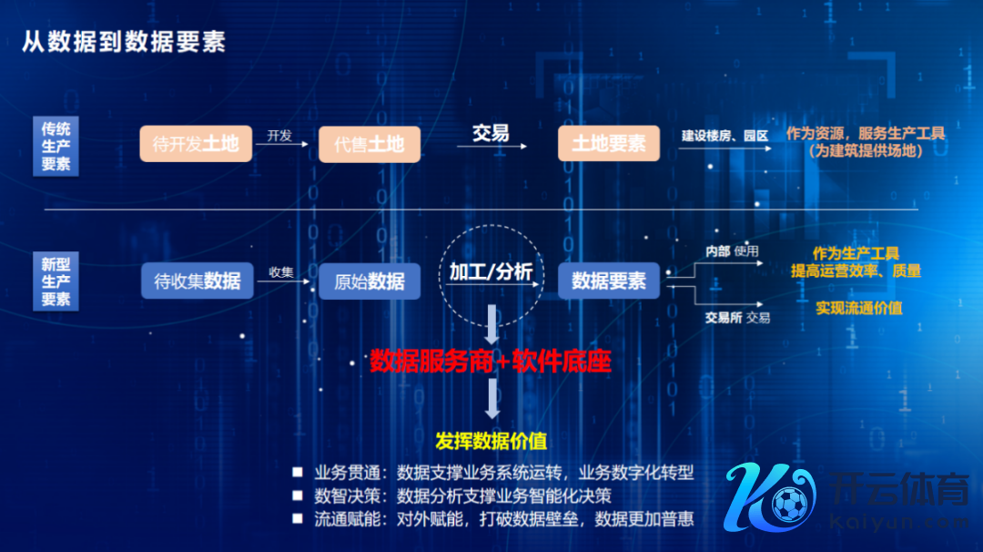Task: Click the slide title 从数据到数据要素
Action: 124,41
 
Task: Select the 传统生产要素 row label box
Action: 56,146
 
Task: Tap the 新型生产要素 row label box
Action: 56,281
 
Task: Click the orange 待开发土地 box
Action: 196,144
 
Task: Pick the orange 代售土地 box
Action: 370,144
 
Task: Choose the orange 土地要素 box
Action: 609,143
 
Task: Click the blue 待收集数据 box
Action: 197,281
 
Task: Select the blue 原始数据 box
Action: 370,281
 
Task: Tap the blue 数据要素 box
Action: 609,281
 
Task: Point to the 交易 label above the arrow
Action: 491,132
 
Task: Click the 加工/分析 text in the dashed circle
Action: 491,271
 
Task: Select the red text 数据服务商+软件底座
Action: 491,361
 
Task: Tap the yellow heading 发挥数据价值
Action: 491,441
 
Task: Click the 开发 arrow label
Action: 279,136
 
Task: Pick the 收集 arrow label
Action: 281,272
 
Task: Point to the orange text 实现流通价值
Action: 859,308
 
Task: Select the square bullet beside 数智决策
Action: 298,496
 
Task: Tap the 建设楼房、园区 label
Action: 725,136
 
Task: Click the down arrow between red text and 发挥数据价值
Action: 492,398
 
